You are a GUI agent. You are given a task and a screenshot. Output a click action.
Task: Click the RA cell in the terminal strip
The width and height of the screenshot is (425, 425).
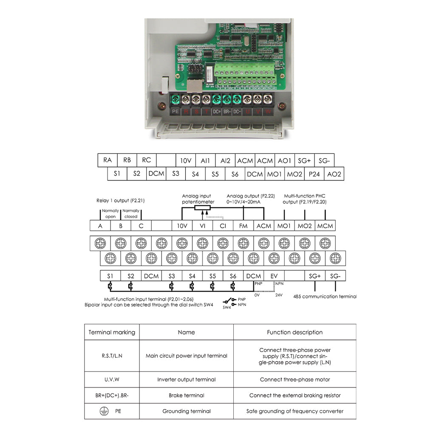click(108, 160)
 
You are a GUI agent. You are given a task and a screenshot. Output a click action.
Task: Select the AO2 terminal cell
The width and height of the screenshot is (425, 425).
click(334, 174)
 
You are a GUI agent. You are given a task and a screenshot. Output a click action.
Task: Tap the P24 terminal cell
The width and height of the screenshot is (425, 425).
click(314, 174)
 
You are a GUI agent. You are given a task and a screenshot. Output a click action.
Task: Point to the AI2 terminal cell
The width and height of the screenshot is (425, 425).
click(225, 160)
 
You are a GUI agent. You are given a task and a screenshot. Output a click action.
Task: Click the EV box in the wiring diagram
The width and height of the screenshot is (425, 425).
click(274, 276)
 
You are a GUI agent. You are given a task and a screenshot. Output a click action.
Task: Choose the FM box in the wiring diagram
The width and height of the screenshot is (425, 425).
click(243, 226)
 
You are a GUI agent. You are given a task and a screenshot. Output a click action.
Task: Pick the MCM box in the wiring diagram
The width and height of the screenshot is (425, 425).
click(325, 226)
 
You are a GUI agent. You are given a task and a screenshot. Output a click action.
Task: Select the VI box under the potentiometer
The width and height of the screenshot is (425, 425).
click(202, 226)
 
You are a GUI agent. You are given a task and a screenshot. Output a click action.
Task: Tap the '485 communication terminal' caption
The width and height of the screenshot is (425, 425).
click(325, 296)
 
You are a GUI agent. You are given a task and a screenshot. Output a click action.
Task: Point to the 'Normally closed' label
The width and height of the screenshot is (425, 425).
click(131, 213)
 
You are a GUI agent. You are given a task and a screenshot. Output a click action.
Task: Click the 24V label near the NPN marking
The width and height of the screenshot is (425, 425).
click(279, 295)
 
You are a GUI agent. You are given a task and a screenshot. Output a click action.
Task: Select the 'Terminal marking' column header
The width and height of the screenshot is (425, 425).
click(112, 332)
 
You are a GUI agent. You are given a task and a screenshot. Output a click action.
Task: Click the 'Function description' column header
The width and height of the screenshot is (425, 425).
click(295, 332)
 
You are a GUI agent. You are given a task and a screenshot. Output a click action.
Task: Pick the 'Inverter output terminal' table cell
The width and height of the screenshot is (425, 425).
click(186, 380)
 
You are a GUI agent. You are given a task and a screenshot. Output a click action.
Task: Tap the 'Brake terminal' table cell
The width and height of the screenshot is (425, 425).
click(186, 395)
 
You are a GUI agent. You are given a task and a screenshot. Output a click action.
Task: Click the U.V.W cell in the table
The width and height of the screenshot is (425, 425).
click(112, 380)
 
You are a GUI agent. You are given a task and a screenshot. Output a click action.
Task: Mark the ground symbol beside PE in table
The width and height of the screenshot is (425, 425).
click(102, 411)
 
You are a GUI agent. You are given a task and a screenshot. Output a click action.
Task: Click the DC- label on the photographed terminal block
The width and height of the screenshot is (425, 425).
click(237, 111)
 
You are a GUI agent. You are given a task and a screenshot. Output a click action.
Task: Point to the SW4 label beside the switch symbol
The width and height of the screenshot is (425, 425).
click(227, 307)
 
